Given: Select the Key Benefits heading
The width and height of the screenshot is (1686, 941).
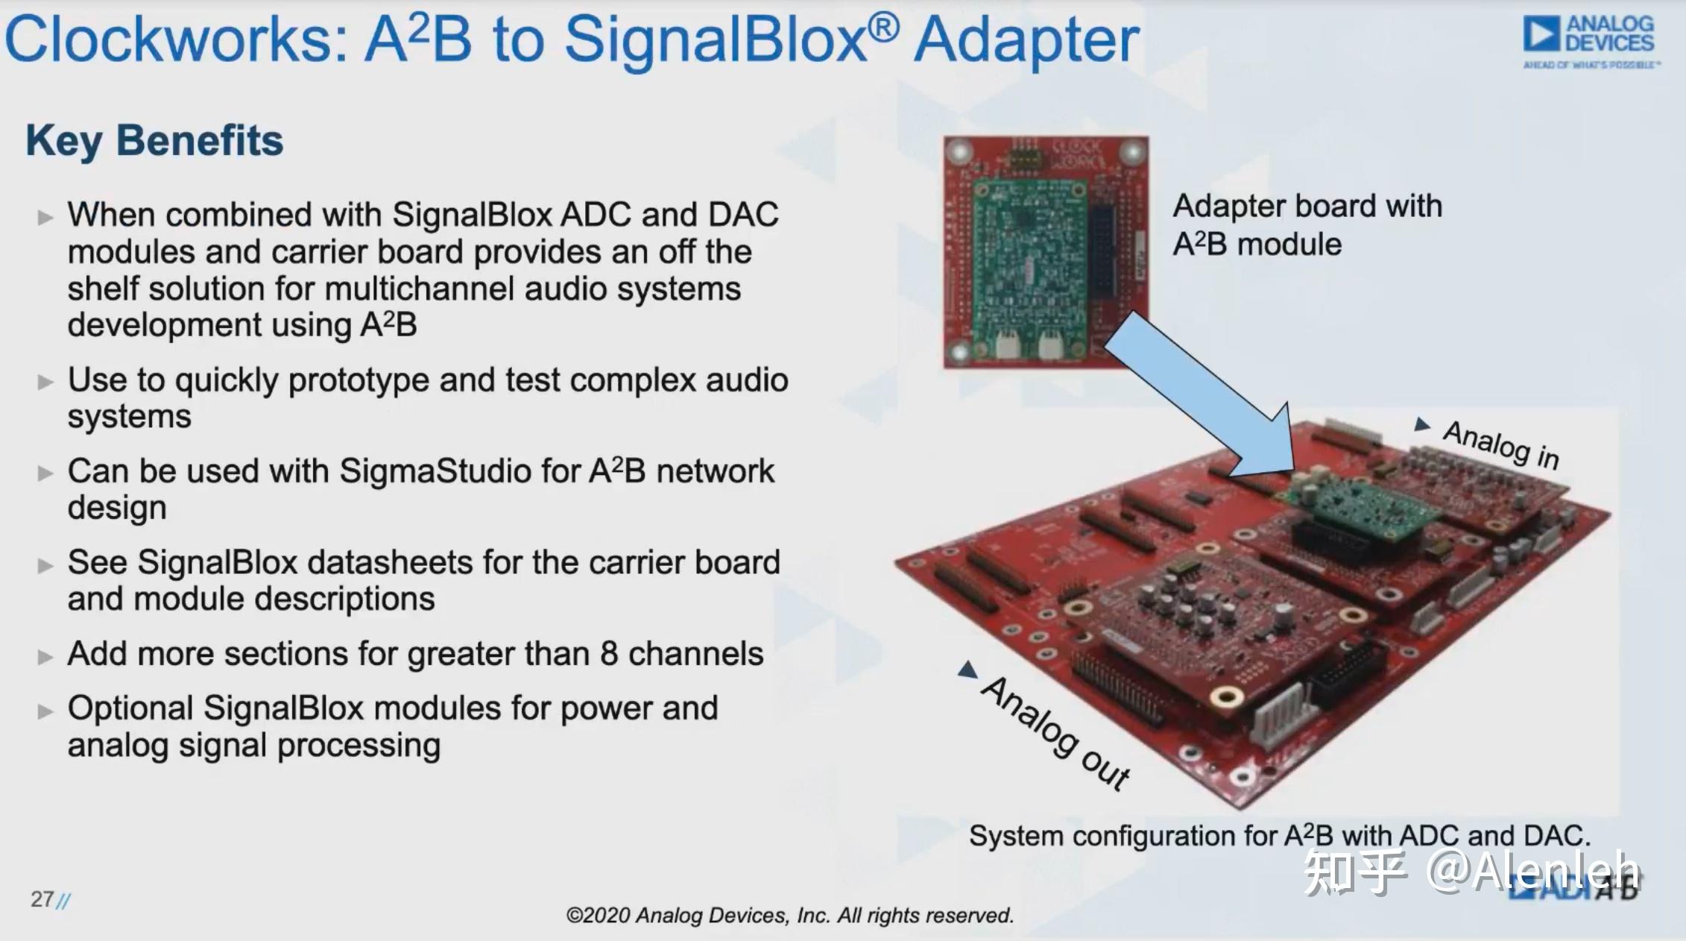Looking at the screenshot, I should [x=154, y=141].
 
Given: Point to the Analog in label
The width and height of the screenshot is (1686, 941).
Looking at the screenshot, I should [x=1500, y=445].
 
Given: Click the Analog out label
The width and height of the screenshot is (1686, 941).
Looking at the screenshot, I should [x=1055, y=734].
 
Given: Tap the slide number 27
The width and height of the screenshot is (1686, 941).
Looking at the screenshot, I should [x=42, y=899].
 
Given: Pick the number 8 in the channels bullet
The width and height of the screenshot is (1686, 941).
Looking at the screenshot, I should [x=609, y=654].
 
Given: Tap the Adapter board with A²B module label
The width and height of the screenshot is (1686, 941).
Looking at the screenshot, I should [x=1307, y=224].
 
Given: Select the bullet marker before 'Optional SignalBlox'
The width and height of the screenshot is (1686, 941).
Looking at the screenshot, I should [x=45, y=711].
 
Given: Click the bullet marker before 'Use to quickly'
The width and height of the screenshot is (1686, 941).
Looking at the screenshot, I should [x=45, y=383].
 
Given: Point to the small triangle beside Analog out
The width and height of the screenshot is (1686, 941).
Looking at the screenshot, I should [x=968, y=670].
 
